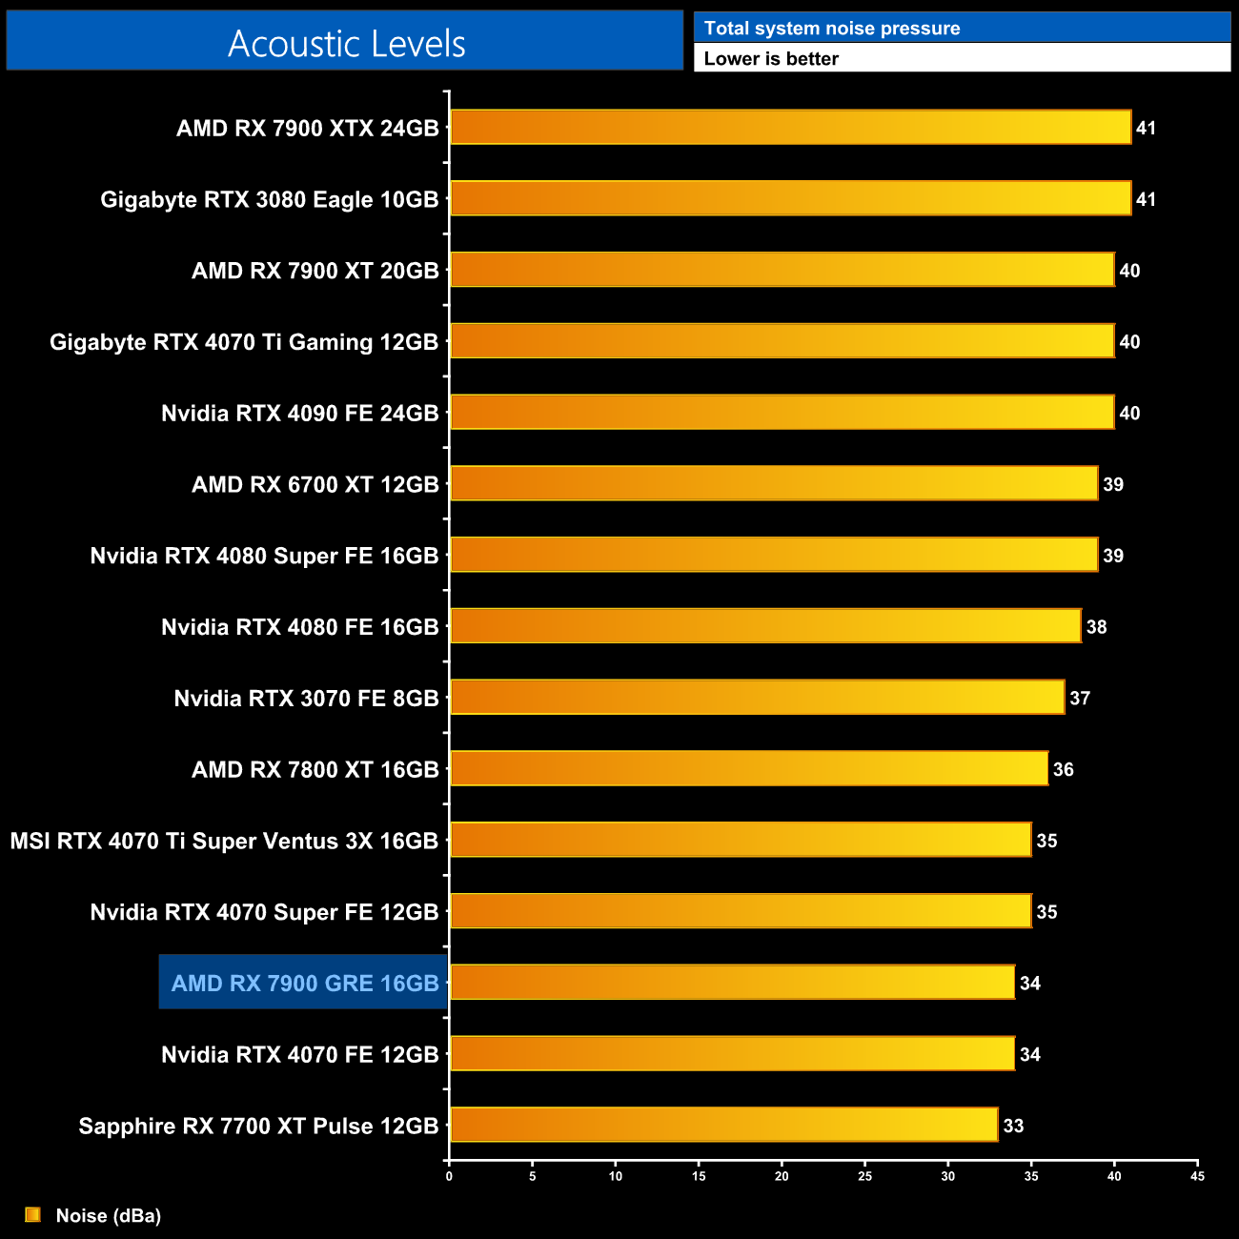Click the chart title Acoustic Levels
coord(346,43)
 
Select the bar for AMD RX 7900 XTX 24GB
coord(790,128)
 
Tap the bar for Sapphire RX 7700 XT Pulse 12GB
coord(723,1125)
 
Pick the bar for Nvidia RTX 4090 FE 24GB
coord(782,412)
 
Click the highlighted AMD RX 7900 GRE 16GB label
coord(304,983)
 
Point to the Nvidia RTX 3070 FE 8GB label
coord(306,699)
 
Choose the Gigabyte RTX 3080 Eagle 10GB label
coord(269,199)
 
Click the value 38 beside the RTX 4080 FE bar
coord(1096,627)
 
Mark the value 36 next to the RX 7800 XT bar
coord(1063,769)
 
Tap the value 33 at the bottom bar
coord(1013,1126)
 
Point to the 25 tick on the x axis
coord(864,1176)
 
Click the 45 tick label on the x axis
coord(1197,1176)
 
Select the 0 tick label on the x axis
coord(449,1176)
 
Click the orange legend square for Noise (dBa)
coord(33,1214)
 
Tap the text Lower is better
coord(771,58)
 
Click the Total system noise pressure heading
coord(832,29)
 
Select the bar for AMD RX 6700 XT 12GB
coord(773,483)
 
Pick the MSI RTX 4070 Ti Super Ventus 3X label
coord(224,841)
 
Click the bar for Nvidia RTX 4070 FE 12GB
coord(732,1053)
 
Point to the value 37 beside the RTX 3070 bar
coord(1079,699)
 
